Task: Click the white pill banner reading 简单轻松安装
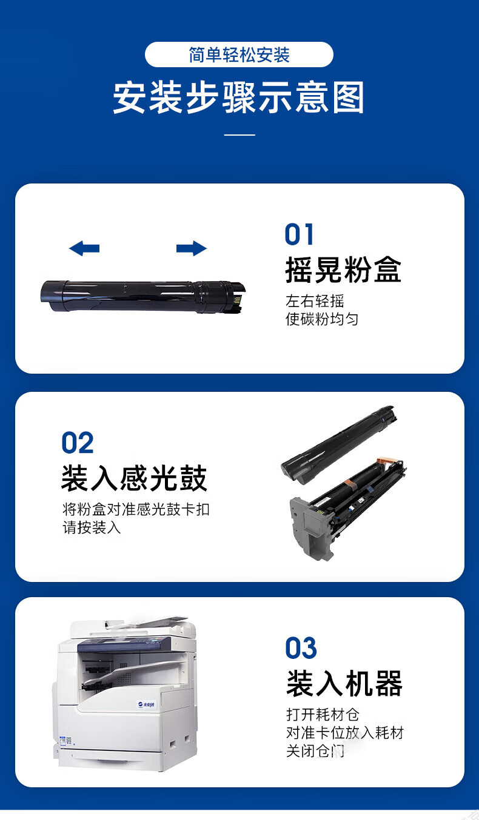(239, 55)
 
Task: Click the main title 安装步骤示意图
(238, 98)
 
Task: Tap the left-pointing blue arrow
(84, 248)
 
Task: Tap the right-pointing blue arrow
(192, 248)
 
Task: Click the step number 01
(299, 234)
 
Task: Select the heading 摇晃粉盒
(343, 269)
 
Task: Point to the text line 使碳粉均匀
(322, 319)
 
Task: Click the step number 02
(78, 443)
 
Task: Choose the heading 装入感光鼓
(134, 478)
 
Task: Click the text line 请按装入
(92, 527)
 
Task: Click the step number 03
(301, 647)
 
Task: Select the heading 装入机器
(344, 684)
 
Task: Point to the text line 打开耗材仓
(323, 714)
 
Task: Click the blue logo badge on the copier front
(147, 704)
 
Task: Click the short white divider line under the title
(239, 134)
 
